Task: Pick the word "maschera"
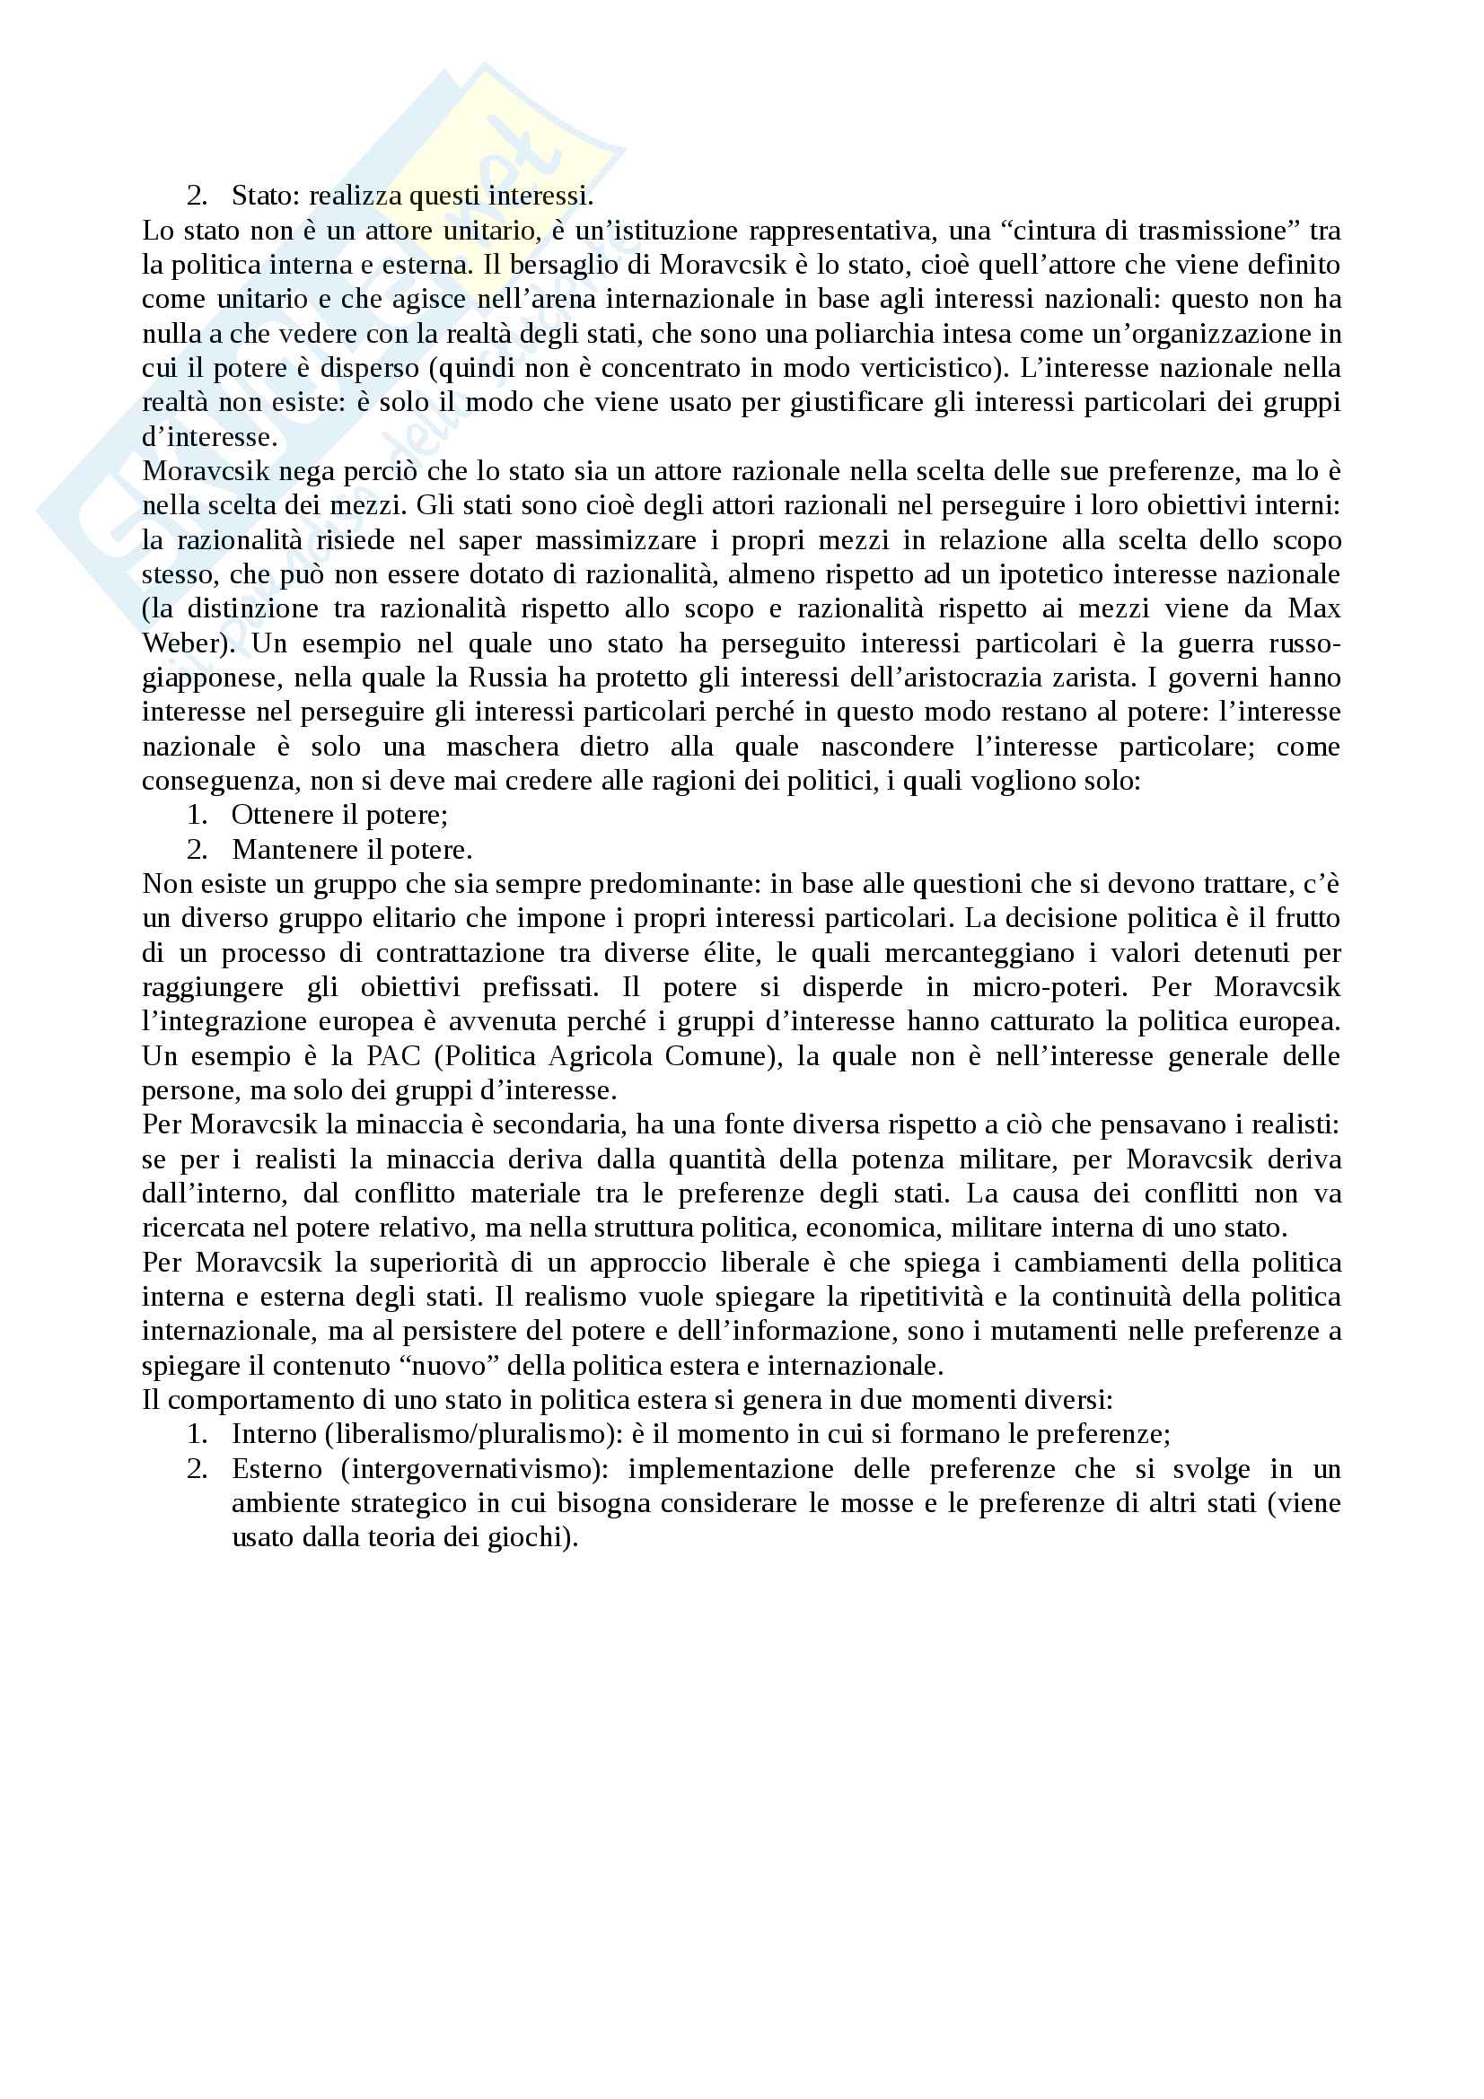point(502,747)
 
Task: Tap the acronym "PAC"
point(394,1056)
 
